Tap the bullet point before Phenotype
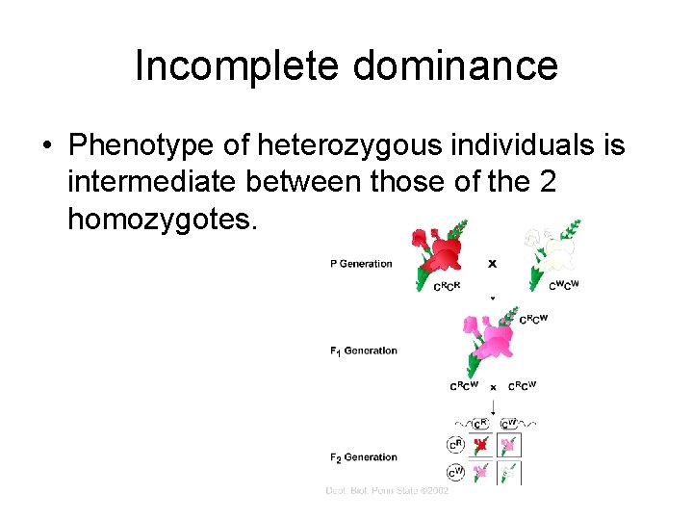coord(46,147)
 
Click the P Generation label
coord(361,264)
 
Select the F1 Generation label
coord(363,351)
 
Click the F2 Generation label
coord(363,457)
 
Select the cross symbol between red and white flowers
coord(493,262)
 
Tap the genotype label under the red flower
coord(448,287)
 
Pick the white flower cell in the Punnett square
coord(509,472)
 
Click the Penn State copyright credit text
coord(387,491)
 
